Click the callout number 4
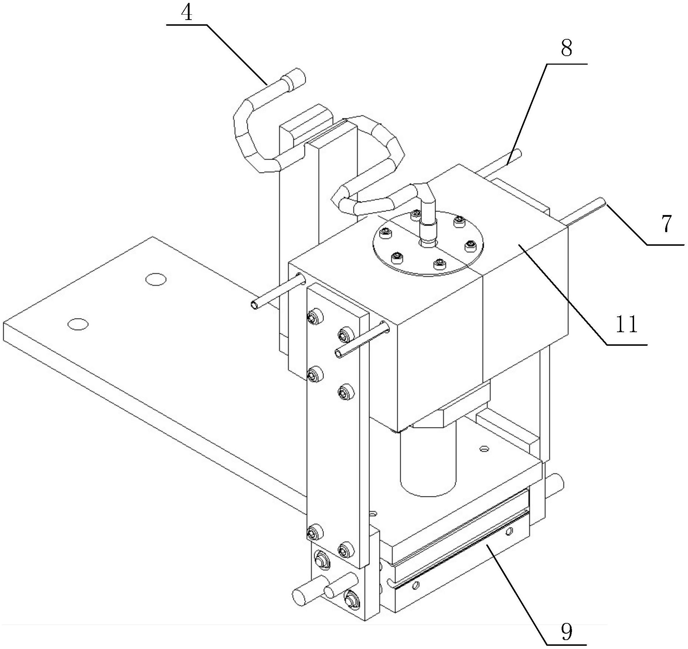coord(187,13)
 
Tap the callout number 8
coord(566,48)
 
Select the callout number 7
coord(666,224)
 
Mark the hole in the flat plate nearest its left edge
coord(78,324)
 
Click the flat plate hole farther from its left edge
coord(156,279)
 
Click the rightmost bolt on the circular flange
coord(470,245)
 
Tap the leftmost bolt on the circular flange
coord(386,234)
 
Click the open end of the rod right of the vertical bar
coord(339,354)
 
